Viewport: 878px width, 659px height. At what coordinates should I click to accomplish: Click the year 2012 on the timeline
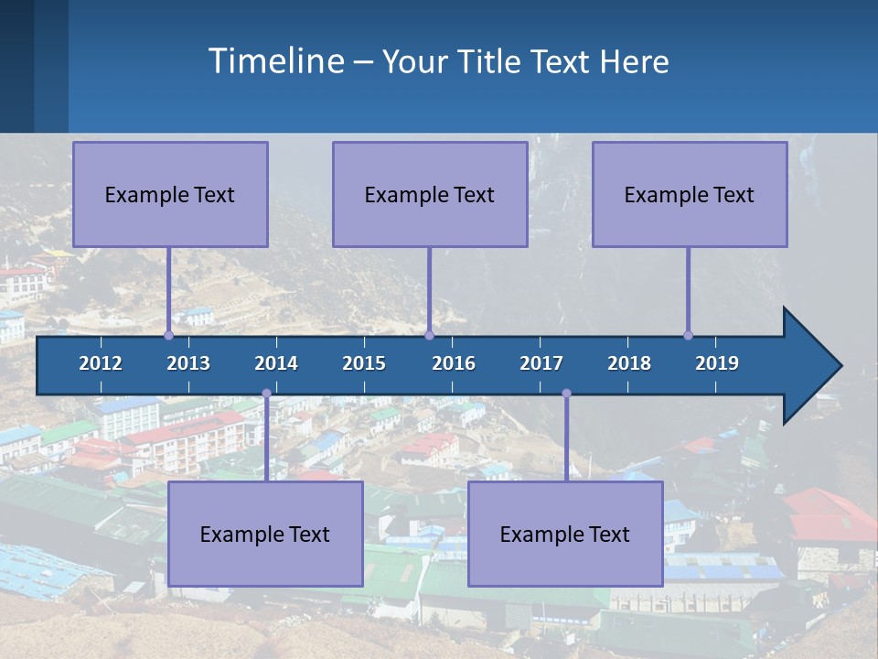(x=101, y=363)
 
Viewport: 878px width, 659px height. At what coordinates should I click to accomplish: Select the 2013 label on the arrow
(x=188, y=363)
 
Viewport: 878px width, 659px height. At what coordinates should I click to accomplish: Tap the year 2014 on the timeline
(x=276, y=363)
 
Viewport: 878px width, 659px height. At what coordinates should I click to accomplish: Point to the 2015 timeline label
(x=364, y=363)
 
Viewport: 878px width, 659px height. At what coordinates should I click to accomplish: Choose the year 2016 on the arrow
(x=454, y=363)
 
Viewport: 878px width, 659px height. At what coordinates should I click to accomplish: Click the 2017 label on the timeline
(x=541, y=363)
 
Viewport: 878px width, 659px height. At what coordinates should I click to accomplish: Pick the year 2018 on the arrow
(x=629, y=363)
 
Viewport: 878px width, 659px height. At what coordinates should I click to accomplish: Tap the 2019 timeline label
(x=717, y=363)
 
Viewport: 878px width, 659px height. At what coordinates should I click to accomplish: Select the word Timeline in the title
(x=274, y=61)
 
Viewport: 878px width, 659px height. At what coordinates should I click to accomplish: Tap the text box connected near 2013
(x=170, y=194)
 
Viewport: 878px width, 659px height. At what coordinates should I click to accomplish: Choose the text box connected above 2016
(x=430, y=194)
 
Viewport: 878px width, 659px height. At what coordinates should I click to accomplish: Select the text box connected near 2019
(x=690, y=194)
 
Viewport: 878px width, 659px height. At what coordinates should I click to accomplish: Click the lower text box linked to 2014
(x=265, y=534)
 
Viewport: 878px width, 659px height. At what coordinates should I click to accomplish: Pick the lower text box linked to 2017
(x=565, y=534)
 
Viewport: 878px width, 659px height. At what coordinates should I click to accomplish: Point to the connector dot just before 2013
(x=169, y=336)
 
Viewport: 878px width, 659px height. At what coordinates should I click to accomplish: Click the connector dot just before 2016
(x=429, y=336)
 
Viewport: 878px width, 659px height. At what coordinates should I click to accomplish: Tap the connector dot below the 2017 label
(x=566, y=394)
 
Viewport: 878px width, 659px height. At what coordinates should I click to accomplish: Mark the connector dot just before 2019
(x=688, y=336)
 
